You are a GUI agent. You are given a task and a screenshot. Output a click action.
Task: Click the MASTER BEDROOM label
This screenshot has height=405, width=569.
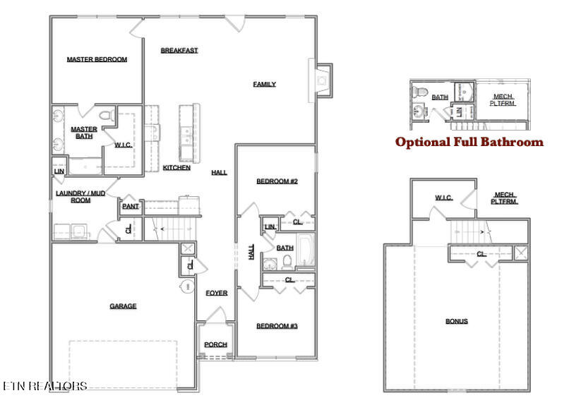pos(97,60)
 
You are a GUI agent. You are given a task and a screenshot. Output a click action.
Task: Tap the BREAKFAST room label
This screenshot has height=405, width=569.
pos(179,50)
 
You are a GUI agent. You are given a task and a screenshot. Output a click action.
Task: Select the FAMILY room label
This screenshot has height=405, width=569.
pos(264,85)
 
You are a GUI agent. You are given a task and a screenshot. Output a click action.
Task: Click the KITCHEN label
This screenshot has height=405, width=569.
pos(176,168)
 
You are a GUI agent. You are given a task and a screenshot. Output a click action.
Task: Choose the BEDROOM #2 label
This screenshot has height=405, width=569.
pos(277,181)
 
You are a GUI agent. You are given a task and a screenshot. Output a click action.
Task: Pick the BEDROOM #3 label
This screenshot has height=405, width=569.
pos(277,326)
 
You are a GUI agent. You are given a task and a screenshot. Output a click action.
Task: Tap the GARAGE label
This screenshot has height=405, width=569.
pos(123,306)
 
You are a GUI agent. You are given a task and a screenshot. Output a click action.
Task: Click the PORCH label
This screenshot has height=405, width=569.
pos(215,345)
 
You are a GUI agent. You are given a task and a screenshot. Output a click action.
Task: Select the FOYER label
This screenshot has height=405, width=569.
pos(216,293)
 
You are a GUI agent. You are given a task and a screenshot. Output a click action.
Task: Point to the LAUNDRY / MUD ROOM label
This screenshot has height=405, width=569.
pos(80,196)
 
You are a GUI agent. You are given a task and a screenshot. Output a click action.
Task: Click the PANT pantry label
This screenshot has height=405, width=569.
pos(130,207)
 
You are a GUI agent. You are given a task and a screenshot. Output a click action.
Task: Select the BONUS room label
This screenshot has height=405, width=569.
pos(456,322)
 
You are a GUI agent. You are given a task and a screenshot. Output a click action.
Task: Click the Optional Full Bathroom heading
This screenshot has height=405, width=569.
pos(469,143)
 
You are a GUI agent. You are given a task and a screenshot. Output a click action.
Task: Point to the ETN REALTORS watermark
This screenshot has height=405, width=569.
pos(44,386)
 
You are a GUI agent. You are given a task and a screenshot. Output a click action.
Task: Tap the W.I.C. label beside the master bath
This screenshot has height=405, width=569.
pos(123,145)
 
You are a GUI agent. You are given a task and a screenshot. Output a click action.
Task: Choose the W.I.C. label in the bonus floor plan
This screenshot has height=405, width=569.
pos(443,198)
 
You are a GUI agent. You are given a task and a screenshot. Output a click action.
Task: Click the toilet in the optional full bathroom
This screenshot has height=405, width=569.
pos(419,92)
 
